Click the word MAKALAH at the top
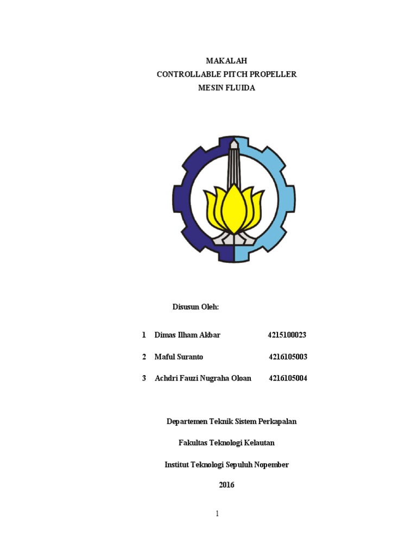[x=226, y=61]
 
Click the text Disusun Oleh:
[x=195, y=307]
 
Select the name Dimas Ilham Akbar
[x=187, y=335]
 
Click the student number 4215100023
[x=287, y=335]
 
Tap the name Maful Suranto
[x=179, y=357]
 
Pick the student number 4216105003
[x=288, y=357]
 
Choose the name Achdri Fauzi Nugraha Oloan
[x=203, y=378]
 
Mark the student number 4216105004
[x=288, y=378]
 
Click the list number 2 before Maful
[x=144, y=357]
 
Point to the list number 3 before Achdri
[x=144, y=378]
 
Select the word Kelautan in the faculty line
[x=259, y=443]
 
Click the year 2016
[x=226, y=485]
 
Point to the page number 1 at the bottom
[x=217, y=514]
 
